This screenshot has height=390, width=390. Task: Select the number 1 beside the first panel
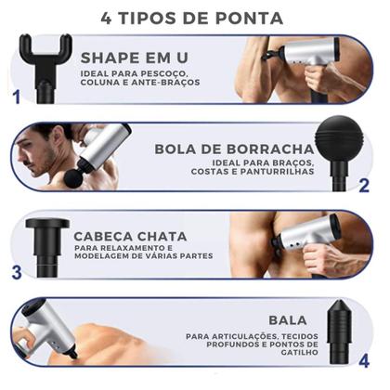coord(14,96)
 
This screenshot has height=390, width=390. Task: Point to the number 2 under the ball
coord(364,186)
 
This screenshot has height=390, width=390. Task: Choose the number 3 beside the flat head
coord(16,272)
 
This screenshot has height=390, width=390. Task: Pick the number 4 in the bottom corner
coord(365,359)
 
